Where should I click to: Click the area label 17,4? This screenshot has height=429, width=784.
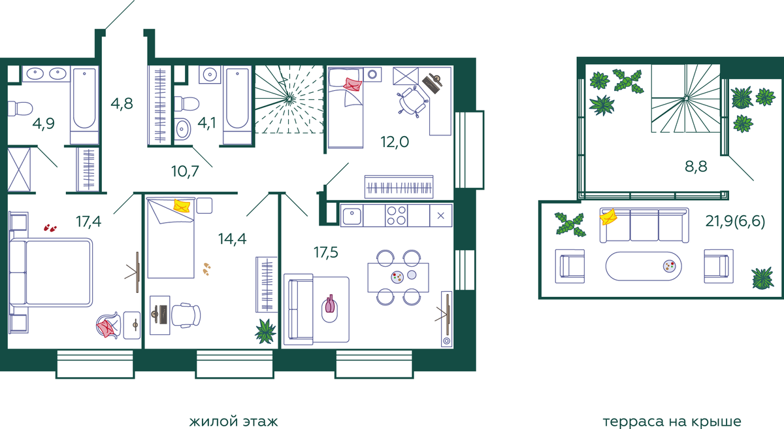coord(89,222)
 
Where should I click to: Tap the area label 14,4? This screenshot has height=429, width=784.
coord(232,239)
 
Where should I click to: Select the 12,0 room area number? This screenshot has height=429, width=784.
coord(395,142)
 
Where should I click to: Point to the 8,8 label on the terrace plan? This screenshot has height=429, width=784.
coord(696,166)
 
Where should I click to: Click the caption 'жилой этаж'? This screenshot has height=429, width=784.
coord(233,421)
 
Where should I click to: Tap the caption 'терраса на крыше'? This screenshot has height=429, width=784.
coord(672,421)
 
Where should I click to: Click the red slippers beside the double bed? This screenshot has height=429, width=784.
coord(50,228)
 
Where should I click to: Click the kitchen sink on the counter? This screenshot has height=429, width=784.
coord(351,216)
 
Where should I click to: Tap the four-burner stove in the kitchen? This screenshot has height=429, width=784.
coord(397,215)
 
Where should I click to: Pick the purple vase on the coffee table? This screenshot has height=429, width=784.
coord(330,303)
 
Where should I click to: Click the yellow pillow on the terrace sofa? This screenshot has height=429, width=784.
coord(608,216)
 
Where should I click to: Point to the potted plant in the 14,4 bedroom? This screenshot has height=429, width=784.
coord(266,331)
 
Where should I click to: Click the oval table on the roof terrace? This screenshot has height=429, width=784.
coord(644,266)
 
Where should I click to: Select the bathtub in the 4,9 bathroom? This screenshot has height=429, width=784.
coord(84,105)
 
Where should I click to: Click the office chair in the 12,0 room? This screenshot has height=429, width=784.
coord(413,101)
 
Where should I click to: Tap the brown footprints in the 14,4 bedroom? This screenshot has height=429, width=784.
coord(206,269)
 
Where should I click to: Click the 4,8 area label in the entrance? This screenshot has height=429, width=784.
coord(122,104)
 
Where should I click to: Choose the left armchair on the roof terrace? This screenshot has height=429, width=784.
coord(570,266)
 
